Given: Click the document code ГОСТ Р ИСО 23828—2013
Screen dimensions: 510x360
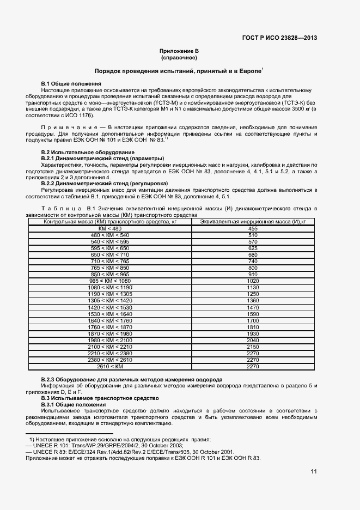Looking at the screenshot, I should point(279,38).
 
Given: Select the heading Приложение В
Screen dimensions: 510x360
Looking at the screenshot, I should point(179,51).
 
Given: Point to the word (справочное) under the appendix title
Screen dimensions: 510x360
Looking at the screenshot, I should point(179,57).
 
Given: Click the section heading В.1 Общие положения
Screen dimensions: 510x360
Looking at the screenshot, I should point(71,83).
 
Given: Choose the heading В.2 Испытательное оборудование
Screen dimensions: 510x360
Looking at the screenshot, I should point(88,151).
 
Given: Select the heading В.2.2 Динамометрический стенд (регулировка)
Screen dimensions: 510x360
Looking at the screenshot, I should point(105,183).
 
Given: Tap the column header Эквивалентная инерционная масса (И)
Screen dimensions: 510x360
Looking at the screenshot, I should point(253,222).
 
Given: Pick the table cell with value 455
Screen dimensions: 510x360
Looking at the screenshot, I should point(253,228).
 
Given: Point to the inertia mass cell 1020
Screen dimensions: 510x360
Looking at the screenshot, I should point(253,281).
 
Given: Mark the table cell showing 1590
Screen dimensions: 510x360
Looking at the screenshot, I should point(253,314).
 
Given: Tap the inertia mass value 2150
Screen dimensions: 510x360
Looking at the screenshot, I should point(253,347).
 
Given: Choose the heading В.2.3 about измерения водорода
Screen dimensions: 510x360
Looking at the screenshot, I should point(132,379).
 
